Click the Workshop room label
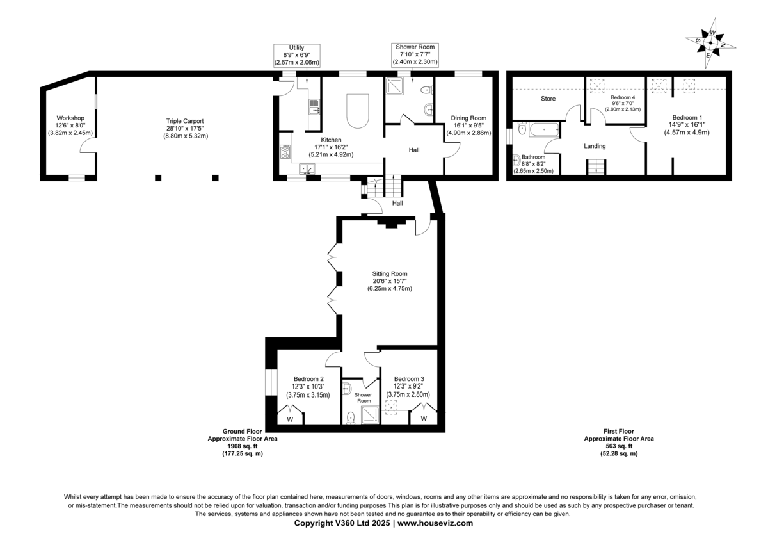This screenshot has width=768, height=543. [70, 118]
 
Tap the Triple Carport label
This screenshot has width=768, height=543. [185, 121]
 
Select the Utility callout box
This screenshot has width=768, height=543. [297, 55]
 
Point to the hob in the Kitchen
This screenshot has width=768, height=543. [285, 152]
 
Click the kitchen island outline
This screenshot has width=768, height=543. [358, 111]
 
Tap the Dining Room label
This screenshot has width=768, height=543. [468, 118]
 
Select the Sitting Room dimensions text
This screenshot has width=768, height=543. [390, 285]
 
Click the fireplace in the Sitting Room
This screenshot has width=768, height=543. [391, 224]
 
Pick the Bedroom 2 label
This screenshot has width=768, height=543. [308, 379]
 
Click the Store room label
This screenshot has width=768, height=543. [548, 99]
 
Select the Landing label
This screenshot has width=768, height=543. [595, 146]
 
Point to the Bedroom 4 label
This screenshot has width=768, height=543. [623, 97]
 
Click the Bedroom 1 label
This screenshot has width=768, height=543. [687, 118]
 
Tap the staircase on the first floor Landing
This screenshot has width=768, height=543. [596, 167]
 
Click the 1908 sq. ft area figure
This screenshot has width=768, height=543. [243, 446]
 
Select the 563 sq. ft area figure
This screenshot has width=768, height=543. [619, 446]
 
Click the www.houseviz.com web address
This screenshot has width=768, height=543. [435, 523]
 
